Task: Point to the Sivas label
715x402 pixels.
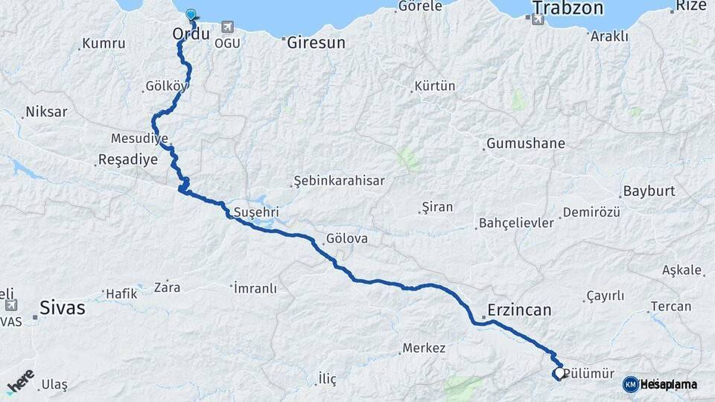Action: point(63,307)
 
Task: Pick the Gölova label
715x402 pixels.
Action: point(346,240)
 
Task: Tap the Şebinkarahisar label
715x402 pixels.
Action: point(339,181)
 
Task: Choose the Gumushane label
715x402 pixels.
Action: point(526,143)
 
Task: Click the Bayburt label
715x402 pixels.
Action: point(649,191)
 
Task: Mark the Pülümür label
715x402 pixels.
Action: point(590,374)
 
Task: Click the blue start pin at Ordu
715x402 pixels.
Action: point(191,14)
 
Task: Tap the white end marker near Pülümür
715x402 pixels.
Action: point(559,372)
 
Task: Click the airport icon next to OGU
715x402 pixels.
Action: point(226,27)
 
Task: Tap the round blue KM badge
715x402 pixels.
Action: point(630,384)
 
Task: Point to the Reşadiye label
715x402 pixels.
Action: point(127,159)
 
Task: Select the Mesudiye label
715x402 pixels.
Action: point(139,138)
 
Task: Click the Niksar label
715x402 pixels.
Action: point(46,112)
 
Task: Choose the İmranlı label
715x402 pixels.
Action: point(255,287)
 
